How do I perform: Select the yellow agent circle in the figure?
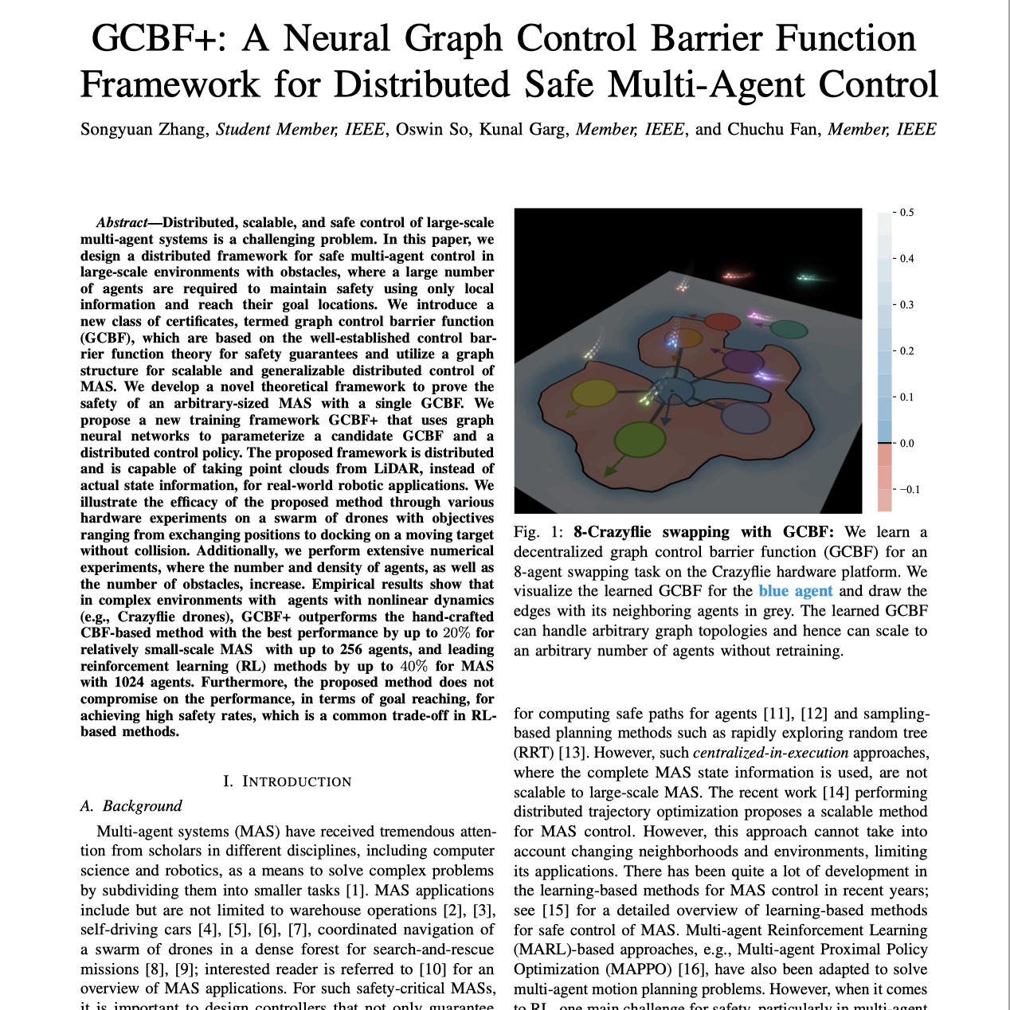(593, 393)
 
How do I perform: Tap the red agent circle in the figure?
(722, 323)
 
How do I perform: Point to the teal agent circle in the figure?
(788, 329)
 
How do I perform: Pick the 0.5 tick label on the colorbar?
(906, 213)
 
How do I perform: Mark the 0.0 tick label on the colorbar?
(906, 443)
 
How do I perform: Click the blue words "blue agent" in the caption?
(795, 591)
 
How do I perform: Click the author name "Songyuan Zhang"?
(143, 129)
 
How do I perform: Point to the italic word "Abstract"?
(122, 222)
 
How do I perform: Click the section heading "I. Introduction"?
(287, 781)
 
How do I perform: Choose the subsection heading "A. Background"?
(131, 806)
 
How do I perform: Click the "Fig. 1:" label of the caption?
(538, 532)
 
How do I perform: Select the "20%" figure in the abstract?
(456, 633)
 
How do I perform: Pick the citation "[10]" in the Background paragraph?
(433, 969)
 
